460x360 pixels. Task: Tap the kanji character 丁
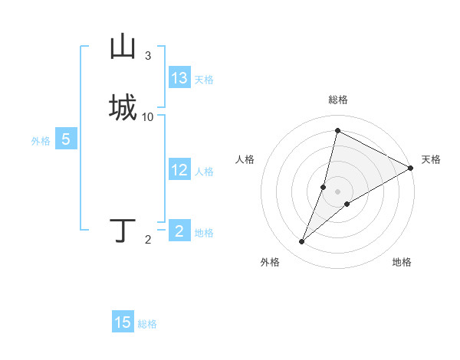point(123,231)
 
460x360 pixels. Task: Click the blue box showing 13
point(179,78)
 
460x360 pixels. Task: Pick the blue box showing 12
point(179,170)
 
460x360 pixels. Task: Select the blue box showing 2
point(179,231)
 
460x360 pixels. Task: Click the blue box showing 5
point(66,139)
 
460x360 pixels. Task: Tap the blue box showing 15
point(123,322)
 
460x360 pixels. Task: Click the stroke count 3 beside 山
point(148,56)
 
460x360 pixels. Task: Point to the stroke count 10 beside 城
point(148,117)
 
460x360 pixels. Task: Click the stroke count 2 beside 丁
point(148,240)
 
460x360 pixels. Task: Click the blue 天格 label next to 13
point(204,80)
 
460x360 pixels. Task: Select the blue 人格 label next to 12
point(204,172)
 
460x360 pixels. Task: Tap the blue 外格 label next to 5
point(40,141)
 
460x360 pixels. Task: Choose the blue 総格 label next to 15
point(147,324)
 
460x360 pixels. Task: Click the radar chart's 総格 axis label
point(337,100)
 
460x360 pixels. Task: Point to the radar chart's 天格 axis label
point(431,159)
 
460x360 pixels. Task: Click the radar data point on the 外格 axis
point(302,242)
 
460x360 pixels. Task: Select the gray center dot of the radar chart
point(337,191)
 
